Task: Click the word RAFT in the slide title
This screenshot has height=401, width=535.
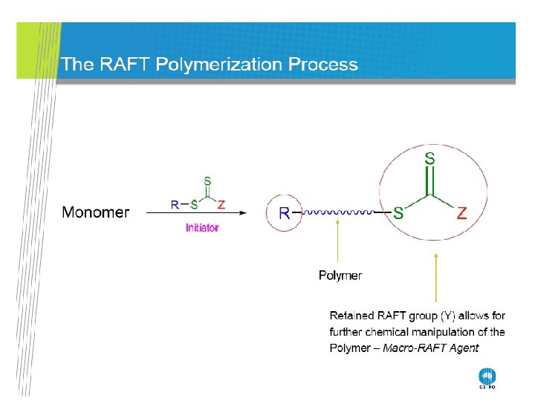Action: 122,65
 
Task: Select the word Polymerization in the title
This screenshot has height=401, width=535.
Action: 218,65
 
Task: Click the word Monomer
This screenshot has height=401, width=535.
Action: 95,213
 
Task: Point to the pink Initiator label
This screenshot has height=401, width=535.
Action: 202,228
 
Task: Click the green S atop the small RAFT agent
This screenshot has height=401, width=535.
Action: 207,180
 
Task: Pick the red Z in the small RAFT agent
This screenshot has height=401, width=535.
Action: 221,204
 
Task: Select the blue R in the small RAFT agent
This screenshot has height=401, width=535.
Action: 175,204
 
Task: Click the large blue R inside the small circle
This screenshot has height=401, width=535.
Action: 284,213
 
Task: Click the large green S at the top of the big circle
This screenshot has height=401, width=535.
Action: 429,158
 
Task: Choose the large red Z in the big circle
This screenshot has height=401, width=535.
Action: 461,213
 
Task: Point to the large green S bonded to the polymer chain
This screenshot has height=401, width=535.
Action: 398,213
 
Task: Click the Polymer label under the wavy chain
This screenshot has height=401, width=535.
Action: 340,276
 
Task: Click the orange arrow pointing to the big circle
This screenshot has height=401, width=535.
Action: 436,278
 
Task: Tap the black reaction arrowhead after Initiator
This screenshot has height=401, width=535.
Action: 242,213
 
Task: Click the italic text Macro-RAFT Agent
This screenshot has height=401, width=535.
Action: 431,348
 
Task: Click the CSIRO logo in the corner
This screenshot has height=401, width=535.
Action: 487,378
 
